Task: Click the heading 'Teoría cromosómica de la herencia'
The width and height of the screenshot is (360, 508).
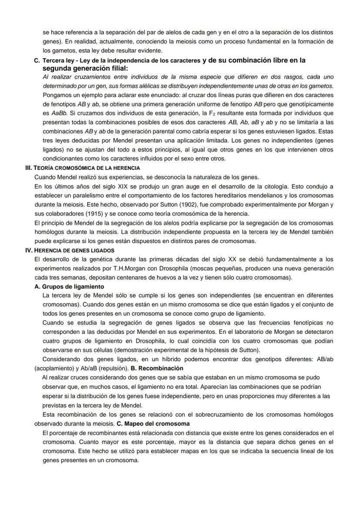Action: [x=83, y=168]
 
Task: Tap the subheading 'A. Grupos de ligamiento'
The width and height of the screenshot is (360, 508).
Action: [x=69, y=286]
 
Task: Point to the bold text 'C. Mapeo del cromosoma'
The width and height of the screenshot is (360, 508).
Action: [x=153, y=423]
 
